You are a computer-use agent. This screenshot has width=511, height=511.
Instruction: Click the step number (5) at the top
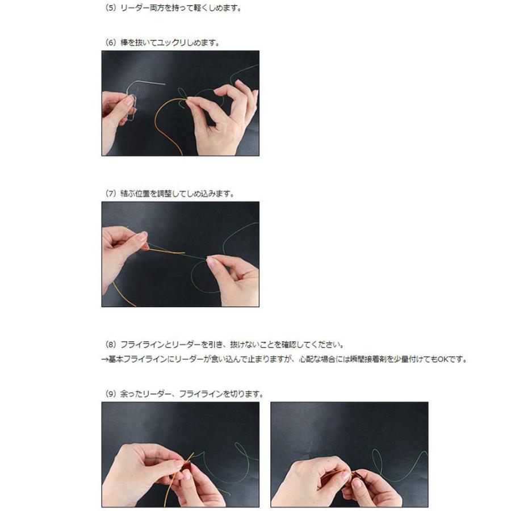click(111, 9)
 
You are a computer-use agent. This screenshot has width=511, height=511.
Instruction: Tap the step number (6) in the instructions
click(111, 42)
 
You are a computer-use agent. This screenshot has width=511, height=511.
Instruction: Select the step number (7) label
click(111, 194)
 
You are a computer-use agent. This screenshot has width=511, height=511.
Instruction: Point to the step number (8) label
click(111, 345)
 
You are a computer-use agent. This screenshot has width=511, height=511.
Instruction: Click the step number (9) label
click(111, 393)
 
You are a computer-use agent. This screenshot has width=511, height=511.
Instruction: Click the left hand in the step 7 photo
click(122, 250)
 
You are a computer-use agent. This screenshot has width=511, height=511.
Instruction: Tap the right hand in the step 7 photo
click(233, 278)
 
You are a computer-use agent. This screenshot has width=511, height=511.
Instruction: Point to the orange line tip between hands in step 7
click(170, 252)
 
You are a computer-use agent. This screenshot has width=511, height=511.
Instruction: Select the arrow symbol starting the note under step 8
click(104, 359)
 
